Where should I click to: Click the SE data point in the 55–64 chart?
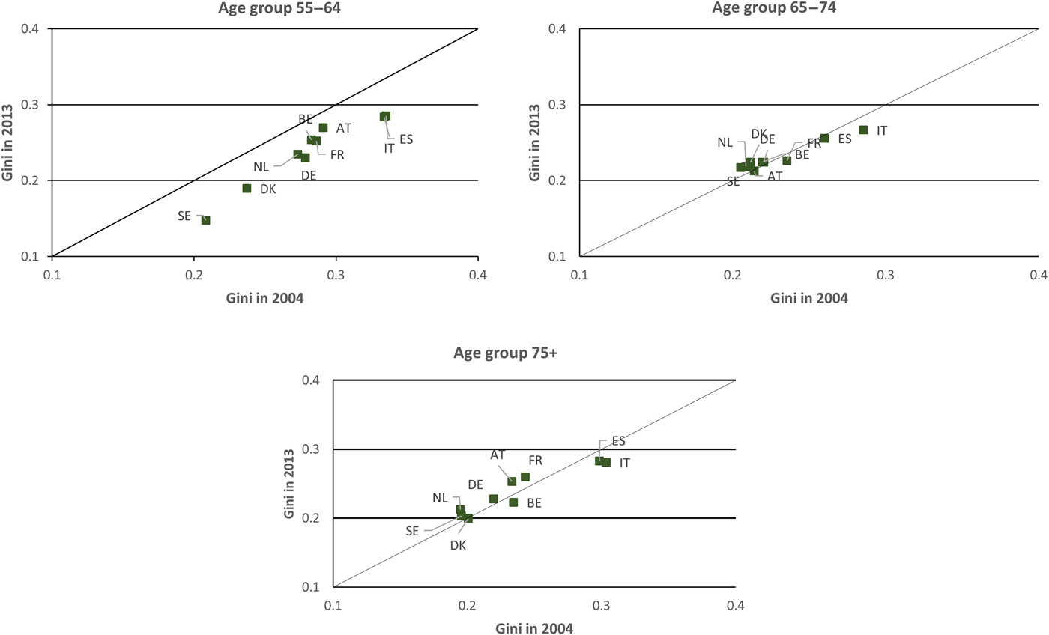pos(205,220)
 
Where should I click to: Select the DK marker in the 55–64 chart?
pos(247,189)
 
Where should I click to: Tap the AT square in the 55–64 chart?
pos(323,127)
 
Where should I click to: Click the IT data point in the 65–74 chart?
pos(863,130)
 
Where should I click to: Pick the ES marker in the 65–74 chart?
pos(824,138)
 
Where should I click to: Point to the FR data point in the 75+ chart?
pos(525,477)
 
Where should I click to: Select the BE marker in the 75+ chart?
pos(513,502)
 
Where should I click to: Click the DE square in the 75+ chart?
pos(494,499)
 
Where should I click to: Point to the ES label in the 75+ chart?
pos(618,441)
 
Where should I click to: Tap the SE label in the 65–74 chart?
pos(733,181)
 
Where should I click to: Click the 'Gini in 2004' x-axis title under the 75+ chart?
pos(534,628)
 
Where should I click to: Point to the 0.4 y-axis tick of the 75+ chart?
pos(314,380)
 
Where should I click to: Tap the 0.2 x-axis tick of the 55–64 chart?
pos(194,276)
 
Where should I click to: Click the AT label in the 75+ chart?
pos(498,455)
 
